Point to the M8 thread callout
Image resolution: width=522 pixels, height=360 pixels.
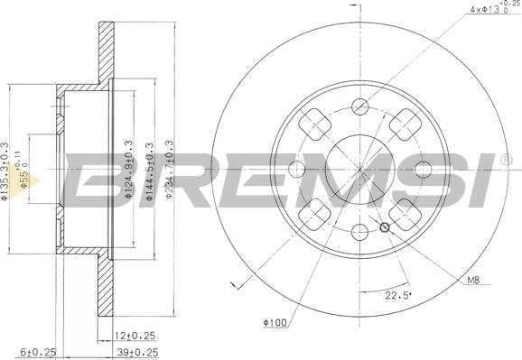pos(472,280)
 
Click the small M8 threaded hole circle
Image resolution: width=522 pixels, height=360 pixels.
pos(386,226)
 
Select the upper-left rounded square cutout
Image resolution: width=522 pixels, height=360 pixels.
pos(313,121)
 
